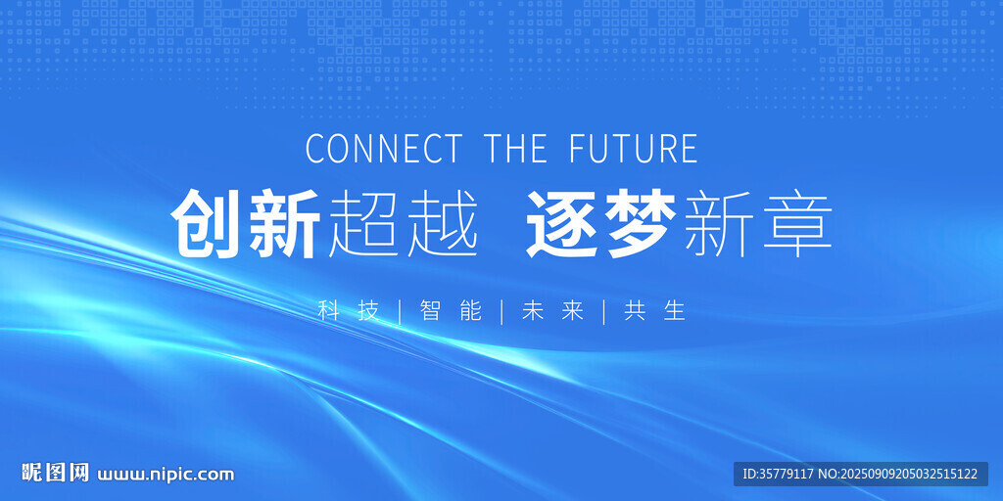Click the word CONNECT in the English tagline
pyautogui.click(x=383, y=149)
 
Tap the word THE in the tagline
pyautogui.click(x=516, y=149)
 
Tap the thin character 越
pyautogui.click(x=442, y=223)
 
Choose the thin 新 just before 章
pyautogui.click(x=719, y=223)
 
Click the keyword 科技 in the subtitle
pyautogui.click(x=349, y=311)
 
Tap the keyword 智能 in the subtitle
pyautogui.click(x=451, y=311)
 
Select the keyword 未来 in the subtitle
pyautogui.click(x=552, y=311)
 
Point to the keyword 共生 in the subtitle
pyautogui.click(x=655, y=311)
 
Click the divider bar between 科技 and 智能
pyautogui.click(x=400, y=311)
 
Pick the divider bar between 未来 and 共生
pyautogui.click(x=603, y=311)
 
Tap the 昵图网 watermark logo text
pyautogui.click(x=56, y=473)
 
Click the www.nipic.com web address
pyautogui.click(x=166, y=475)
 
